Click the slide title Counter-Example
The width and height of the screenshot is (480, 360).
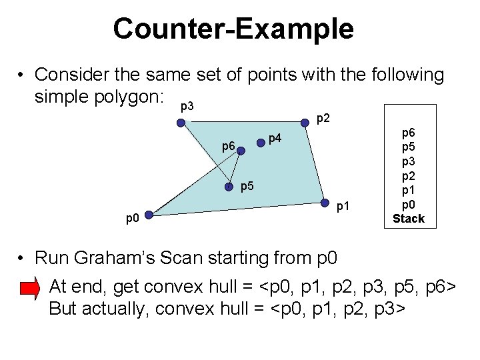(x=233, y=29)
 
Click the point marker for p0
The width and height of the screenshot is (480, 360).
(x=149, y=214)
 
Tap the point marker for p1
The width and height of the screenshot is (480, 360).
(x=325, y=203)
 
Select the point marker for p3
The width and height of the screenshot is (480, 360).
(x=180, y=123)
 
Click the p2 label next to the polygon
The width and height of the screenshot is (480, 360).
(x=323, y=119)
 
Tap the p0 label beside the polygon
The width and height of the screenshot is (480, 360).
(x=133, y=218)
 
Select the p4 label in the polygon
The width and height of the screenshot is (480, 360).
(x=275, y=139)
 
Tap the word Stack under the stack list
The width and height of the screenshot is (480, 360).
(x=408, y=219)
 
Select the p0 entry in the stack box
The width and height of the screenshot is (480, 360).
(x=408, y=205)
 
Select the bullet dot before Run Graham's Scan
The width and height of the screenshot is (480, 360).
(x=22, y=257)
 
